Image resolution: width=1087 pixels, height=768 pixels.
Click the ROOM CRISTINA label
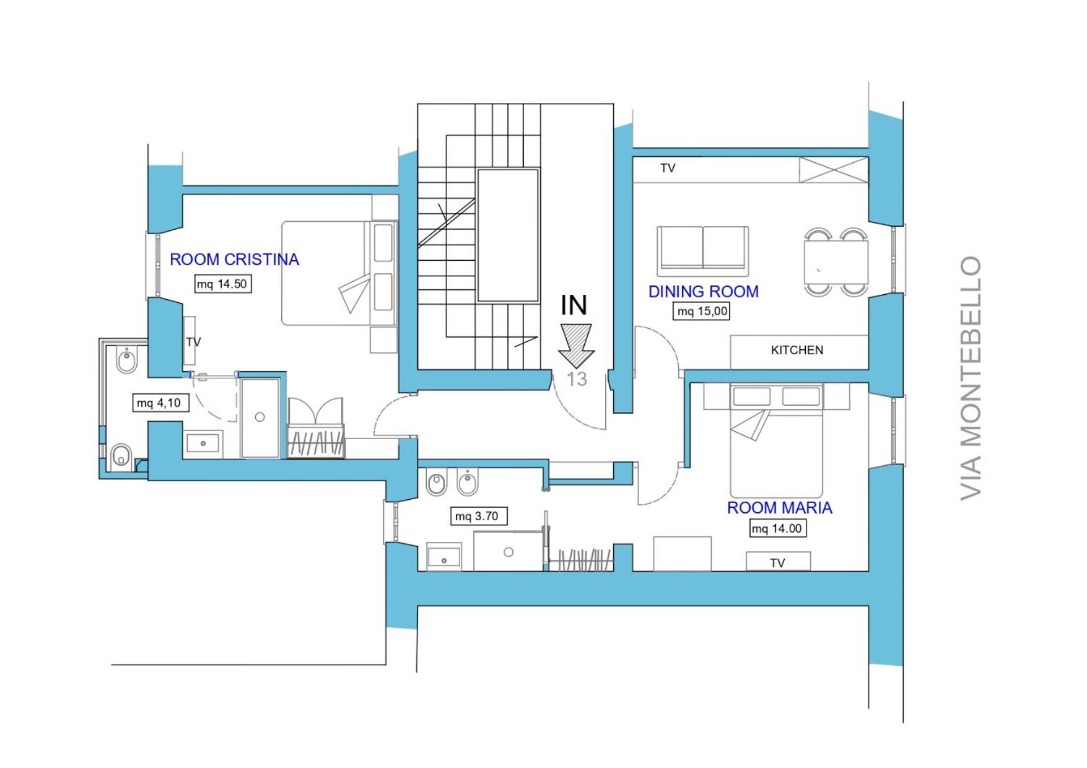234,260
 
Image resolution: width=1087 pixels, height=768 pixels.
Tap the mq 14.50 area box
223,284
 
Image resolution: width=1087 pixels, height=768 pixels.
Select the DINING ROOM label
704,292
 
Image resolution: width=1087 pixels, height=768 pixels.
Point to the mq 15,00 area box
702,311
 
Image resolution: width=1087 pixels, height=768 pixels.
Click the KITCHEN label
797,350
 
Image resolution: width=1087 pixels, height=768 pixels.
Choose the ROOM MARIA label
779,508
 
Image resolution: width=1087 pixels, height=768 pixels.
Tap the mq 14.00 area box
778,528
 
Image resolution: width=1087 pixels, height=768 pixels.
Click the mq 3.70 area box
478,516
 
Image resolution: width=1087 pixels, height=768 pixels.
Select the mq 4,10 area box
159,403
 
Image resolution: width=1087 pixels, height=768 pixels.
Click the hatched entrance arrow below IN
576,346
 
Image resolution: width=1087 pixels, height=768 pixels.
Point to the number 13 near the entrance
577,379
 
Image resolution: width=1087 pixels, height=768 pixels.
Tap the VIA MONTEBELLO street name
971,378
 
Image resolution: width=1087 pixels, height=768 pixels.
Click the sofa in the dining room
703,251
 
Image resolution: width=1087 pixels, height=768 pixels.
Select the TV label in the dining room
668,168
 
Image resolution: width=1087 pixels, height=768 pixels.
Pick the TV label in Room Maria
777,562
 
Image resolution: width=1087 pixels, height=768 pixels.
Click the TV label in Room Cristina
193,342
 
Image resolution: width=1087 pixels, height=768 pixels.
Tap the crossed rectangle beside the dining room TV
834,170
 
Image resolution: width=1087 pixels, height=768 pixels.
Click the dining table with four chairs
836,262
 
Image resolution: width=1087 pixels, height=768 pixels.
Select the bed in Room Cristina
339,273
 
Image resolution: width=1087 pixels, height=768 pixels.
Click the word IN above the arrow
574,305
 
